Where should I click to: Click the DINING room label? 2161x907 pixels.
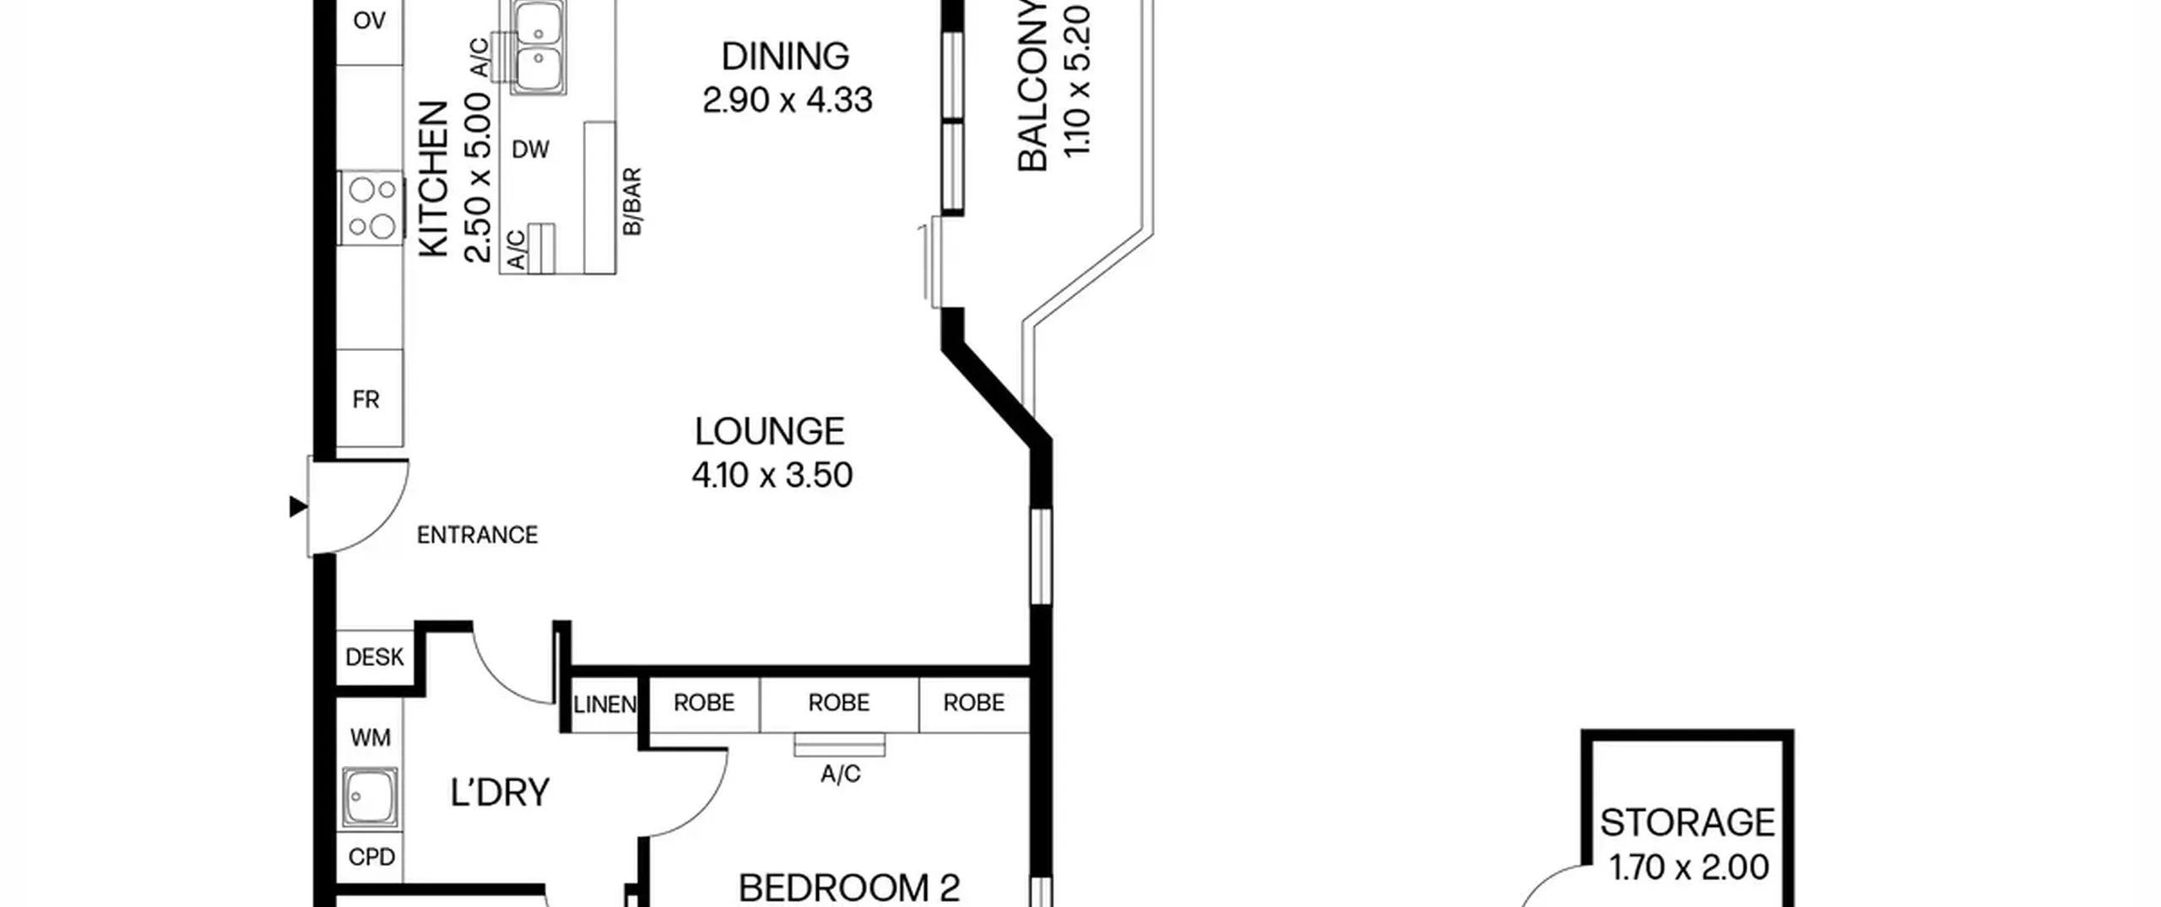(785, 57)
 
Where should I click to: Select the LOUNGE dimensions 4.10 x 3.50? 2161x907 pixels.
(772, 475)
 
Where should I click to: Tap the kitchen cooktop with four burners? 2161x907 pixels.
(371, 208)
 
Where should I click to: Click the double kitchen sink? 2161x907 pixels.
(538, 46)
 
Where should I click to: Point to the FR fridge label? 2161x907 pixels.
(366, 400)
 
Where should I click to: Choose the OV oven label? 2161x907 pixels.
(369, 20)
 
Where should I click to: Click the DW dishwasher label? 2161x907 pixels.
(530, 150)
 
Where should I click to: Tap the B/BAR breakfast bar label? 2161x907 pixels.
(631, 202)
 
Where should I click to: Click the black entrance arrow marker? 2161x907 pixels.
(298, 506)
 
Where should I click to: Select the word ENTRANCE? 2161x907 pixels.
(477, 535)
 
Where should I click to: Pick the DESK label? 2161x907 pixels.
(375, 657)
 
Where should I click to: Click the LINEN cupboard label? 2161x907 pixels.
(604, 704)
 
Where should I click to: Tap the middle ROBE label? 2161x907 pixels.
(838, 703)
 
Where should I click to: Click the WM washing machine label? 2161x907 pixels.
(370, 738)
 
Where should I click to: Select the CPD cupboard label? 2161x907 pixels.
(371, 857)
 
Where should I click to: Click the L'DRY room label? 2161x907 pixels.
(500, 792)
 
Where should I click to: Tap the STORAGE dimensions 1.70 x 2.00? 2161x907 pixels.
(1688, 867)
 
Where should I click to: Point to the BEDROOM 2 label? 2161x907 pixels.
(849, 888)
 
